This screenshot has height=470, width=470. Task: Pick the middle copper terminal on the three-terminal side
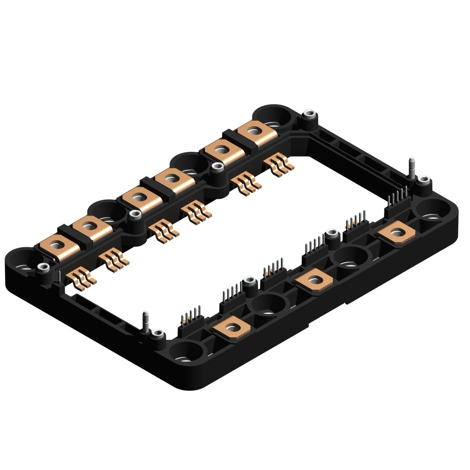(x=313, y=281)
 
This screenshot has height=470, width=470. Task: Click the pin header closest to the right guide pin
(x=397, y=200)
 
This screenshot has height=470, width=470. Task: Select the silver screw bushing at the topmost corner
(x=309, y=114)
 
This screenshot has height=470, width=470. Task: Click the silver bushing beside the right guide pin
(x=424, y=180)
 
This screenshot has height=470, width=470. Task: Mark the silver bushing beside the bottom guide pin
(x=157, y=335)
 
